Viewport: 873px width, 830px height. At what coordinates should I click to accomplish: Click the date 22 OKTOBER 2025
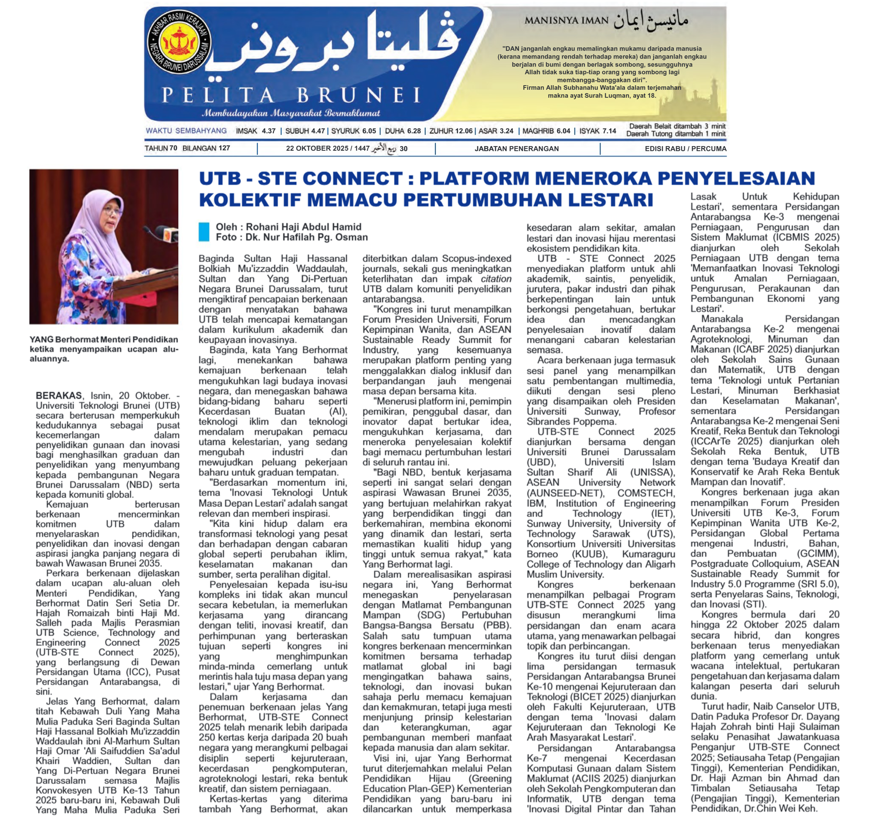(x=317, y=149)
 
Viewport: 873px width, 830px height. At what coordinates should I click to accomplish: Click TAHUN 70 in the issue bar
(x=161, y=148)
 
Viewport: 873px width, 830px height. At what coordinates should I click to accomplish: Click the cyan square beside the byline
(x=204, y=232)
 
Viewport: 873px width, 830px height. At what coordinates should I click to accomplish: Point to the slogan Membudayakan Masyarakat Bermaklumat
(x=291, y=113)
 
